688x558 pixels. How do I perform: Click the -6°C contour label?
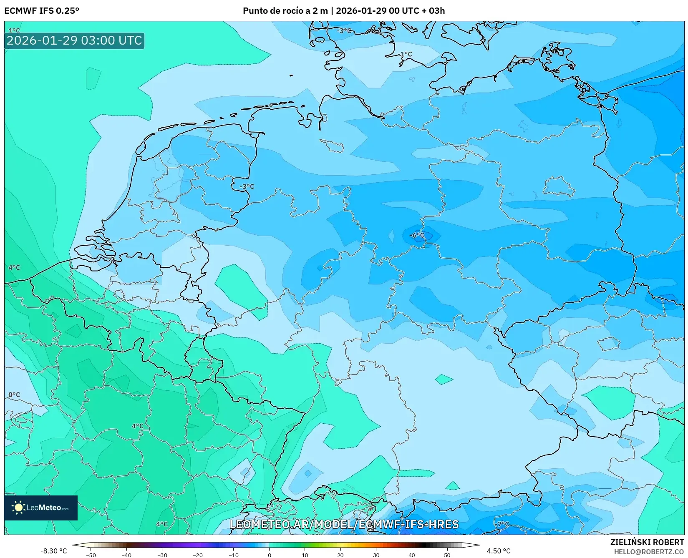(417, 236)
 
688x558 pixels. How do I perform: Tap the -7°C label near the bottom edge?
(502, 524)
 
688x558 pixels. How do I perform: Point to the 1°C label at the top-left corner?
(14, 30)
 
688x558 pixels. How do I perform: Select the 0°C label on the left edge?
(14, 395)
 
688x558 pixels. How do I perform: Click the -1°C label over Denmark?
(405, 54)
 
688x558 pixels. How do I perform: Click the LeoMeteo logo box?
(41, 508)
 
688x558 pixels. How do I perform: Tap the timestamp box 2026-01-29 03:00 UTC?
(74, 40)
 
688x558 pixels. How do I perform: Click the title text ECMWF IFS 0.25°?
(42, 10)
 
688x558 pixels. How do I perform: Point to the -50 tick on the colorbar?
(91, 555)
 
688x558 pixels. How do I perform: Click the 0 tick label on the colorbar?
(269, 555)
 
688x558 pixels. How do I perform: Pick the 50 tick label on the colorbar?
(447, 555)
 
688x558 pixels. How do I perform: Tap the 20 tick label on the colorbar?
(340, 555)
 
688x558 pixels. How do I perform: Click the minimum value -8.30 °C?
(53, 551)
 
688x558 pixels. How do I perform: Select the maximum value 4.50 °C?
(499, 551)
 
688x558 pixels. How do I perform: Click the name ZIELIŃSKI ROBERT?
(647, 542)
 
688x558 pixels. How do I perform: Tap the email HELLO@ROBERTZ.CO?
(649, 552)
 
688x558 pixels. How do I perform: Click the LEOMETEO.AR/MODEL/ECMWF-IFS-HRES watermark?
(344, 524)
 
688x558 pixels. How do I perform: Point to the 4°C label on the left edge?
(14, 267)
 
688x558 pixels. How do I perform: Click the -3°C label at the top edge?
(344, 30)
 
